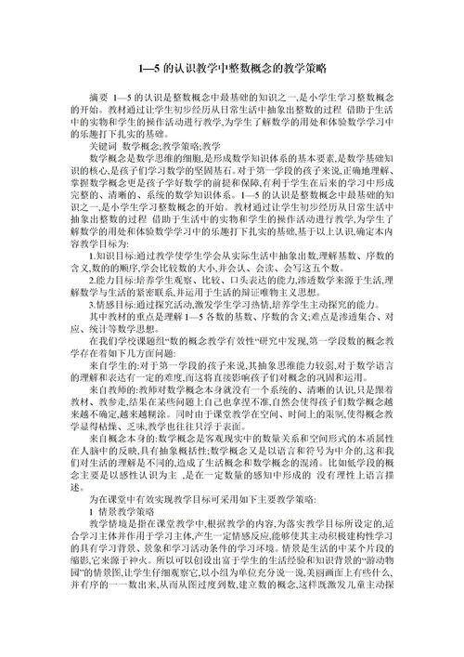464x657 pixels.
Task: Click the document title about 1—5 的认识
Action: pos(231,69)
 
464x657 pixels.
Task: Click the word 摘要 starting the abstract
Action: pos(98,97)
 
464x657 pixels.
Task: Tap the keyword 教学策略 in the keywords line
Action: pos(182,147)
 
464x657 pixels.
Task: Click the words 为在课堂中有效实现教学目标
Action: pos(143,524)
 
